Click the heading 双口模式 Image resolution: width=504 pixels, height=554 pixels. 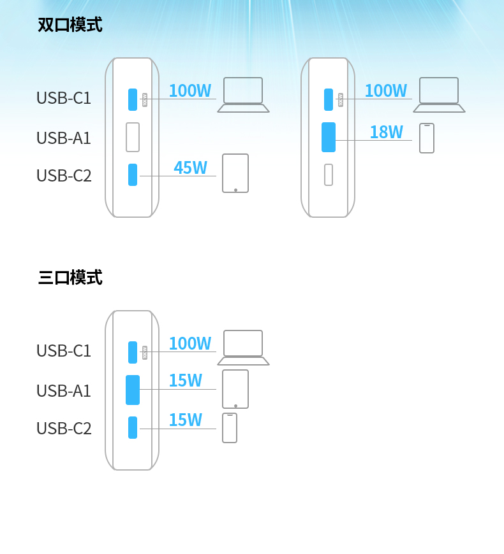[x=70, y=25]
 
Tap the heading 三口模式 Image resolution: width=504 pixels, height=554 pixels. [x=70, y=278]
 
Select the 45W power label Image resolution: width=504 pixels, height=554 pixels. [x=190, y=167]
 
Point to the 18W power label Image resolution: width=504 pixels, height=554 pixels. [x=386, y=132]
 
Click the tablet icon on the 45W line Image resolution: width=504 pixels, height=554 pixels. [x=235, y=173]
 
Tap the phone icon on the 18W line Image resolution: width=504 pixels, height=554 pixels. [x=427, y=138]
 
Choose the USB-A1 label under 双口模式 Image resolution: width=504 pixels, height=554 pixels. [x=64, y=138]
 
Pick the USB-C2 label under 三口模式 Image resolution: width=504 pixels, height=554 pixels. [x=64, y=429]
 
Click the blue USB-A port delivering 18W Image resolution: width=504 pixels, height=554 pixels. [x=329, y=137]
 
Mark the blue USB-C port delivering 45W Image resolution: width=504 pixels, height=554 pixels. [x=133, y=174]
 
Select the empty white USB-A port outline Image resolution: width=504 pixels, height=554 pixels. [x=133, y=137]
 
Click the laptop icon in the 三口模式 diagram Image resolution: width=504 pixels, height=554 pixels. [x=243, y=348]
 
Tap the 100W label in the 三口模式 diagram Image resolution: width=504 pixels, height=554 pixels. [x=189, y=344]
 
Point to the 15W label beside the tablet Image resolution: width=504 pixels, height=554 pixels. [x=185, y=381]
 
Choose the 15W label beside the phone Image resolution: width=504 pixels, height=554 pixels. [x=185, y=420]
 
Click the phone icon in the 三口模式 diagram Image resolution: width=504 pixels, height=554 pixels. [x=230, y=428]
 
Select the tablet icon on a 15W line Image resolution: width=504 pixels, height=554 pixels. [x=235, y=389]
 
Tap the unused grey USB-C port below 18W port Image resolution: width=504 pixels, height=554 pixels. [x=329, y=174]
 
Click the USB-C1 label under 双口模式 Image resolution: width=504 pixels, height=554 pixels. [x=64, y=98]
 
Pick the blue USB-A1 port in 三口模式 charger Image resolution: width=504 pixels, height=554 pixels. [x=133, y=390]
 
